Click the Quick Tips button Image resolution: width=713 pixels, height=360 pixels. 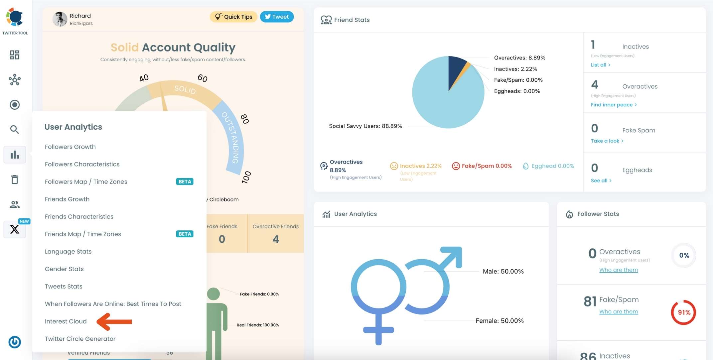click(x=233, y=17)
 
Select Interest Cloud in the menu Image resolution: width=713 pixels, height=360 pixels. click(x=66, y=321)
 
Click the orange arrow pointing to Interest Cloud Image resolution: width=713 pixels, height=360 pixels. click(x=114, y=321)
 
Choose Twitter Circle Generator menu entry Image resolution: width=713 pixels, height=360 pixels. click(x=80, y=339)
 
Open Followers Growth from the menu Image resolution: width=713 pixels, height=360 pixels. click(x=70, y=147)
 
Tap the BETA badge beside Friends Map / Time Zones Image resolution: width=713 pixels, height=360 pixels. click(x=185, y=234)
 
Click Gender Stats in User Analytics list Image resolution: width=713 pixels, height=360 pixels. click(x=64, y=269)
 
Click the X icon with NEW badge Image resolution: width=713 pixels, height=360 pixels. click(x=15, y=229)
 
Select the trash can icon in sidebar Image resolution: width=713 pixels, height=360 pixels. click(x=15, y=180)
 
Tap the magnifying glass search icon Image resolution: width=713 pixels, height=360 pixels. click(x=14, y=129)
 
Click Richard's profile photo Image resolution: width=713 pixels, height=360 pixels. click(x=60, y=19)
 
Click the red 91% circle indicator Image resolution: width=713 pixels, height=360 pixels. click(x=683, y=312)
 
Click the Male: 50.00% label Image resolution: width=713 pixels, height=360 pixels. click(x=503, y=271)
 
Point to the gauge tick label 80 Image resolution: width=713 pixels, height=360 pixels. click(x=245, y=119)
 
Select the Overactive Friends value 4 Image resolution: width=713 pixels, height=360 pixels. click(x=275, y=239)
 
